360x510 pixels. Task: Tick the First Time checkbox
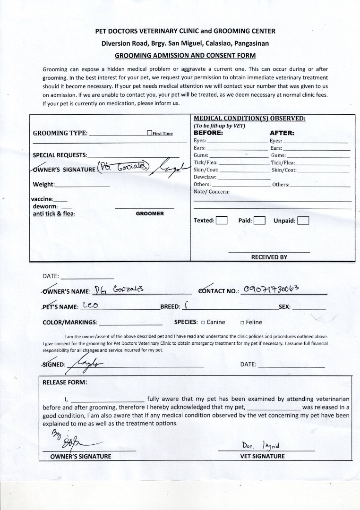pyautogui.click(x=149, y=133)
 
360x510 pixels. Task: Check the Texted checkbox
pyautogui.click(x=221, y=221)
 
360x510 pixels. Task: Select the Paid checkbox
pyautogui.click(x=259, y=221)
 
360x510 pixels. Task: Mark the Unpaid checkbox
pyautogui.click(x=303, y=221)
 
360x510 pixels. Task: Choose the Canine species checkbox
pyautogui.click(x=203, y=323)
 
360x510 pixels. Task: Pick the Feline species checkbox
pyautogui.click(x=242, y=323)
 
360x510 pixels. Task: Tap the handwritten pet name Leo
pyautogui.click(x=90, y=306)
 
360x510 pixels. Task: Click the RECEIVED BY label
pyautogui.click(x=269, y=257)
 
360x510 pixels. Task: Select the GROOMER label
pyautogui.click(x=150, y=213)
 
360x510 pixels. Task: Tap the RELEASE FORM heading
pyautogui.click(x=65, y=382)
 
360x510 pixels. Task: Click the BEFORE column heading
pyautogui.click(x=208, y=133)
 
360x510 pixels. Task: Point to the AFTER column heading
pyautogui.click(x=282, y=133)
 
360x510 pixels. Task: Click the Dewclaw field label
pyautogui.click(x=205, y=177)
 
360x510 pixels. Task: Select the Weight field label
pyautogui.click(x=44, y=184)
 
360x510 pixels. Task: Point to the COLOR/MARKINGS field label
pyautogui.click(x=70, y=323)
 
